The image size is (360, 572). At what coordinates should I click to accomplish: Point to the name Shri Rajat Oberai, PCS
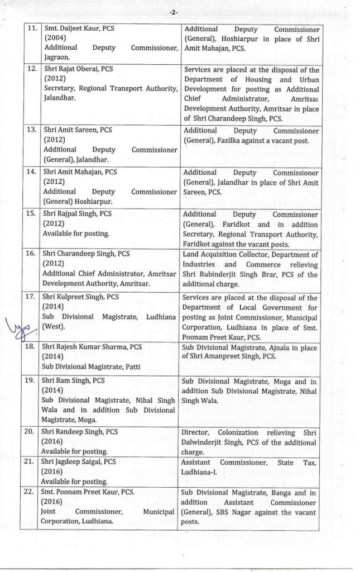coord(78,70)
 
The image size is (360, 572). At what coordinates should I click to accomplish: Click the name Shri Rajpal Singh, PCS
coord(77,213)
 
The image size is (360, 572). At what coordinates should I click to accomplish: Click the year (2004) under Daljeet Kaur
coord(55,37)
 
